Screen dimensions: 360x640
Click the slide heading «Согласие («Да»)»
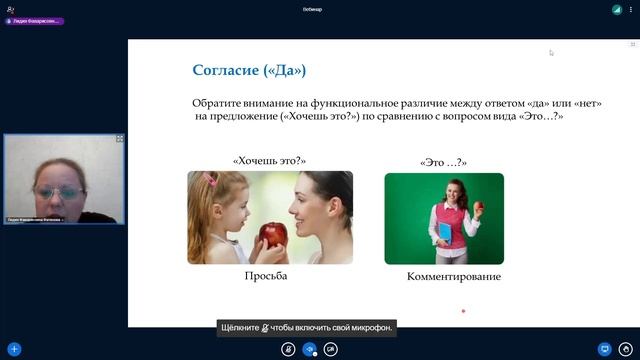click(x=249, y=70)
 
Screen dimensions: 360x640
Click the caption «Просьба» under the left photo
click(x=266, y=276)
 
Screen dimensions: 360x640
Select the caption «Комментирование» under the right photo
click(x=454, y=276)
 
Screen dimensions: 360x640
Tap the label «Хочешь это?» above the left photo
click(x=268, y=159)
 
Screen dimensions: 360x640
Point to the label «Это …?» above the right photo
click(x=444, y=162)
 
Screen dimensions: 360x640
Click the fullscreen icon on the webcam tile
click(x=120, y=139)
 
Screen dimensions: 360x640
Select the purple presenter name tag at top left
click(x=34, y=21)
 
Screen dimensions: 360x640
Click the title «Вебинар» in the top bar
click(x=312, y=9)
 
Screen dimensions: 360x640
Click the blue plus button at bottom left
click(x=14, y=349)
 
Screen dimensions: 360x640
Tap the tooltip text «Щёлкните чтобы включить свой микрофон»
click(x=306, y=327)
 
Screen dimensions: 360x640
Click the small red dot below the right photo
click(x=463, y=311)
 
